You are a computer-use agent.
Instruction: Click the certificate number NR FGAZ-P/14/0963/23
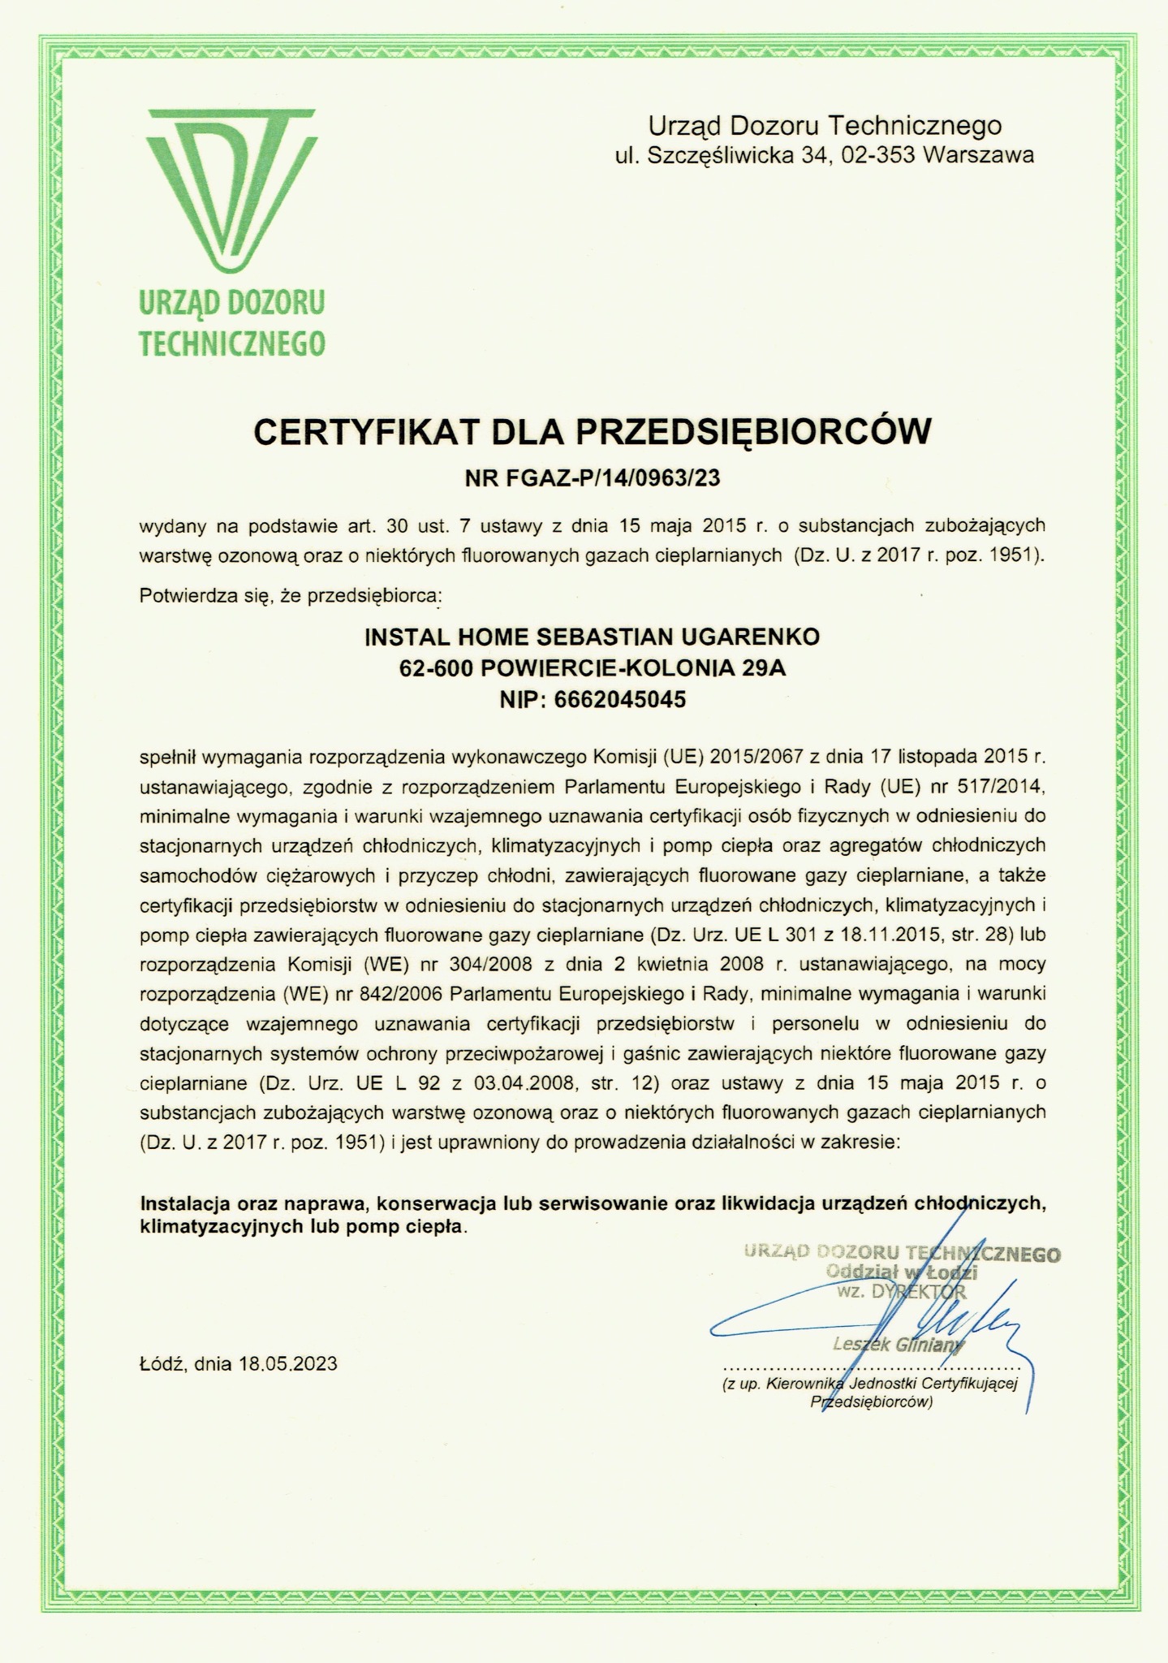pos(592,478)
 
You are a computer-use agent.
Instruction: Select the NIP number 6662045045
pos(621,699)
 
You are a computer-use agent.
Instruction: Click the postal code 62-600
pos(437,668)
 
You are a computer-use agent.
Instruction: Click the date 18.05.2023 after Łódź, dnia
pos(287,1363)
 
